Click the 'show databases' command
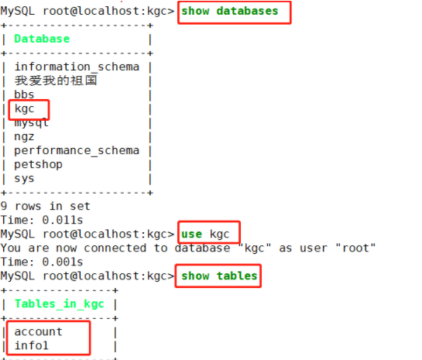pyautogui.click(x=229, y=12)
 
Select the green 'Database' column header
pyautogui.click(x=42, y=39)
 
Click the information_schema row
pyautogui.click(x=77, y=67)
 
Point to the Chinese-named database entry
pyautogui.click(x=56, y=81)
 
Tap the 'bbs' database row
pyautogui.click(x=24, y=94)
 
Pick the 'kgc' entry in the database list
pyautogui.click(x=24, y=109)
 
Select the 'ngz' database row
pyautogui.click(x=24, y=137)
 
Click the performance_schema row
pyautogui.click(x=77, y=151)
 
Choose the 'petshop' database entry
pyautogui.click(x=38, y=164)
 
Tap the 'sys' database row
pyautogui.click(x=24, y=179)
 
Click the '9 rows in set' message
pyautogui.click(x=45, y=207)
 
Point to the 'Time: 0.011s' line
pyautogui.click(x=42, y=220)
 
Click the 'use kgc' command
pyautogui.click(x=205, y=235)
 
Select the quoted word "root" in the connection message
pyautogui.click(x=355, y=248)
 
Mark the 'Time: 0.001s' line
pyautogui.click(x=42, y=262)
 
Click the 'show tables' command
pyautogui.click(x=219, y=276)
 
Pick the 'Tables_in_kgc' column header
pyautogui.click(x=59, y=304)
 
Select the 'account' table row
pyautogui.click(x=38, y=332)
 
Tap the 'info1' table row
pyautogui.click(x=31, y=346)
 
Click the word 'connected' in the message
pyautogui.click(x=115, y=248)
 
